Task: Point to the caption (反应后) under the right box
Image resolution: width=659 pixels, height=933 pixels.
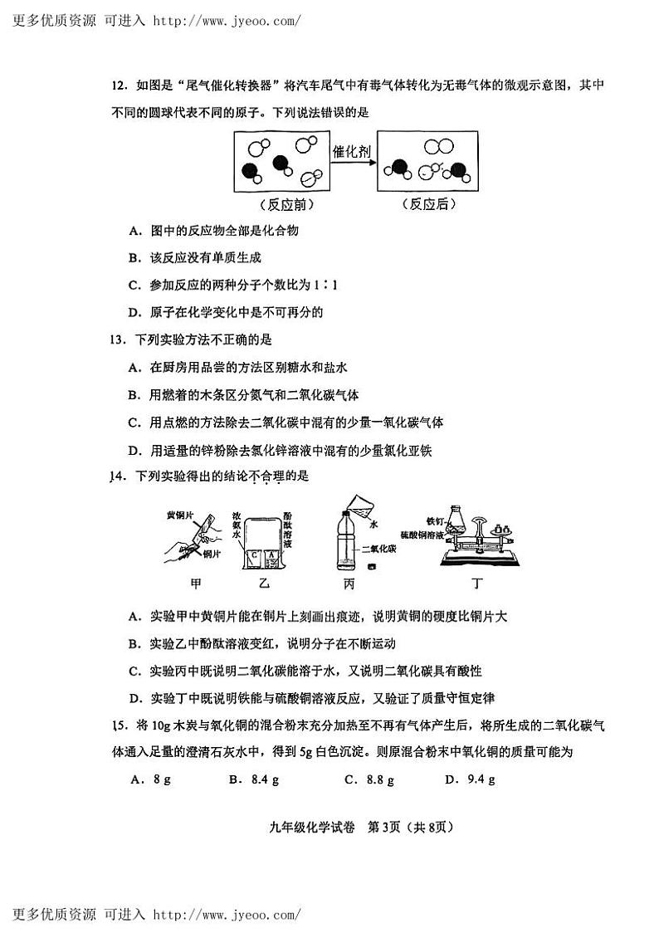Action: tap(428, 204)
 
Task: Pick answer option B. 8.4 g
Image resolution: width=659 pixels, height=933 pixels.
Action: tap(253, 779)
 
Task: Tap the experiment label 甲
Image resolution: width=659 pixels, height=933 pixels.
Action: tap(196, 584)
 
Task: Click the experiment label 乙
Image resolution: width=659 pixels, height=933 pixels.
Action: tap(265, 584)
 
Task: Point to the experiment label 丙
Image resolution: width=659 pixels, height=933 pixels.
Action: tap(349, 584)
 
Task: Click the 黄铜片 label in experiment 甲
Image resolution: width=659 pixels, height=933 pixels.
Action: tap(179, 515)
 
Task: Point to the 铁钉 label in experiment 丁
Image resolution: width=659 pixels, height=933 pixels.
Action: tap(436, 521)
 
